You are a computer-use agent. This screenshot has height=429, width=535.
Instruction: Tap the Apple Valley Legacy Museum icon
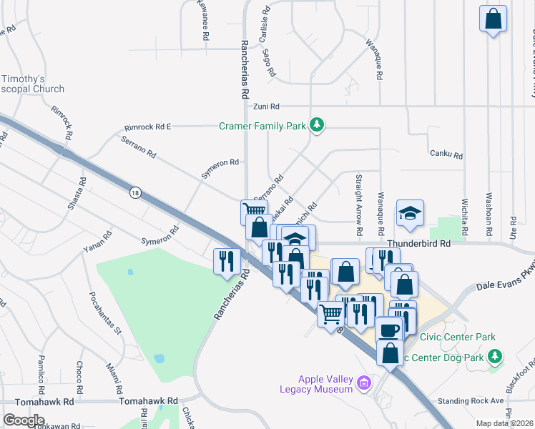pyautogui.click(x=364, y=383)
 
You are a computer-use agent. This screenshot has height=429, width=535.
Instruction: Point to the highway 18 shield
pyautogui.click(x=134, y=192)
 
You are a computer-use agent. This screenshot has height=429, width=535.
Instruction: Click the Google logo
pyautogui.click(x=24, y=420)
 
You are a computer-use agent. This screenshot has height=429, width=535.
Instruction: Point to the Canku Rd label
pyautogui.click(x=446, y=154)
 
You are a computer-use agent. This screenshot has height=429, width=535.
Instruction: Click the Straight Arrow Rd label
pyautogui.click(x=357, y=205)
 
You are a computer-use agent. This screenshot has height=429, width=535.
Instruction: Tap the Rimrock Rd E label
pyautogui.click(x=147, y=127)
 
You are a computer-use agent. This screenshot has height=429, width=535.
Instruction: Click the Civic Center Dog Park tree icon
pyautogui.click(x=494, y=355)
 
